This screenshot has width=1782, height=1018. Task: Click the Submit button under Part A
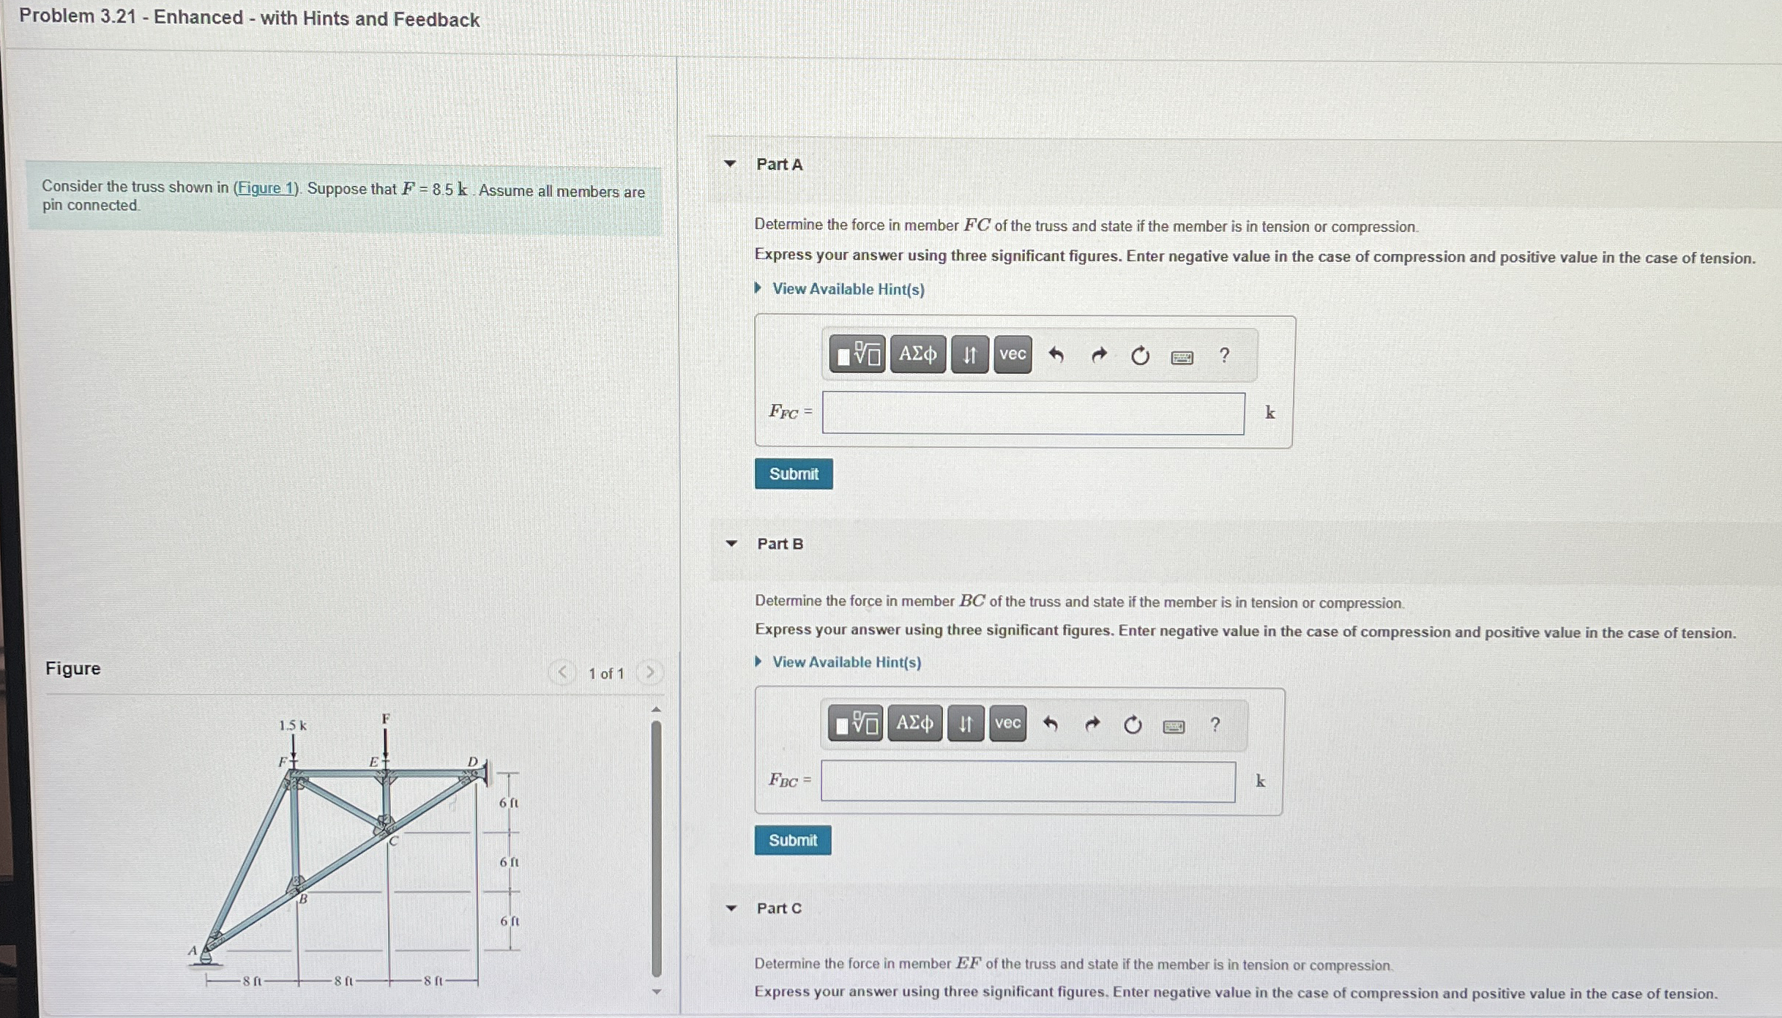pos(794,474)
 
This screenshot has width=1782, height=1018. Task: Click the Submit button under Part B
pos(793,840)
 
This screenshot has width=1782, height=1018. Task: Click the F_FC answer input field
pos(1032,413)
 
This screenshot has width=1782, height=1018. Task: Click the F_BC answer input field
pos(1027,782)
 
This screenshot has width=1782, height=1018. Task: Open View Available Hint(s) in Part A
pos(848,289)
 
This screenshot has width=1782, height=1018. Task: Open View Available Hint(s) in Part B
pos(846,662)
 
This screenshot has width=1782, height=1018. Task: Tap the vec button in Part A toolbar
pos(1013,354)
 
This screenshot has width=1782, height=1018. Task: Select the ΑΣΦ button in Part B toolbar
pos(914,724)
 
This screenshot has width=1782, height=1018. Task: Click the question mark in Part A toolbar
pos(1224,356)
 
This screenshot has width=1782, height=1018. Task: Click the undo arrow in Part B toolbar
pos(1051,725)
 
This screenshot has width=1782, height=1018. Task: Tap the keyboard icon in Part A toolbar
pos(1182,357)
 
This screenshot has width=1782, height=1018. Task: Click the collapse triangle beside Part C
pos(731,908)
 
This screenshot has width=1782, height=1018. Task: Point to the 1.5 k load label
pos(292,725)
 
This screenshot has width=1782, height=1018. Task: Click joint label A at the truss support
pos(193,951)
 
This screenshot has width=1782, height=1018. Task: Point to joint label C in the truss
pos(393,842)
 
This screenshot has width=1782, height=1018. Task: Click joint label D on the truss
pos(472,762)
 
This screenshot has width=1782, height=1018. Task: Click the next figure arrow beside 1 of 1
pos(649,673)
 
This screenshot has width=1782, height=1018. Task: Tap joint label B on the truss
pos(303,899)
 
